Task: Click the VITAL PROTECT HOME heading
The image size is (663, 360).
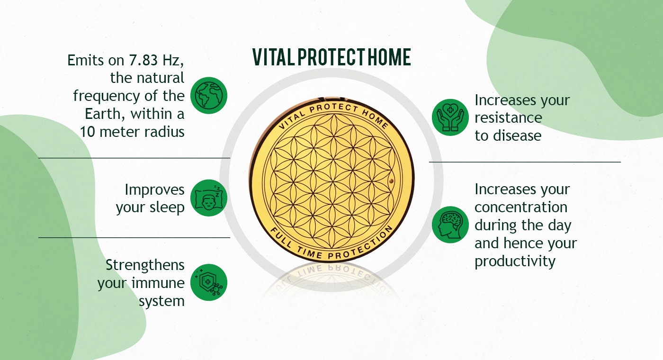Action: click(331, 57)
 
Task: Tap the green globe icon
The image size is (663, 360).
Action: click(209, 95)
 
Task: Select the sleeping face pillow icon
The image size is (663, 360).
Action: click(209, 198)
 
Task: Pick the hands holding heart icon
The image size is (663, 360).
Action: click(450, 117)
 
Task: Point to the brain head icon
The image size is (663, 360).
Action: click(450, 225)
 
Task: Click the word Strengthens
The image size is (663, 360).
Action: click(145, 265)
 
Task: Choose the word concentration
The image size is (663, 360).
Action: click(521, 207)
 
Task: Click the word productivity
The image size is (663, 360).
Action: click(515, 261)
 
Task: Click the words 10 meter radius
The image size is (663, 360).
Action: click(132, 132)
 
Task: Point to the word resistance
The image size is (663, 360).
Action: click(508, 117)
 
